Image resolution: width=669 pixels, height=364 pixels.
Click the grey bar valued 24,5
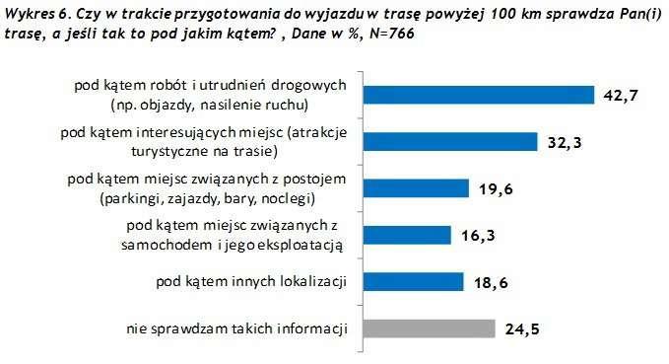[x=427, y=328]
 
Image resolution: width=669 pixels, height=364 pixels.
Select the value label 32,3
[x=566, y=142]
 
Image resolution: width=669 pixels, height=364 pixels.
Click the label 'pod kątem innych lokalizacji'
[x=252, y=282]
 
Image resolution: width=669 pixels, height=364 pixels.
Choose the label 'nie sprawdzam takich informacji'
[x=238, y=328]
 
